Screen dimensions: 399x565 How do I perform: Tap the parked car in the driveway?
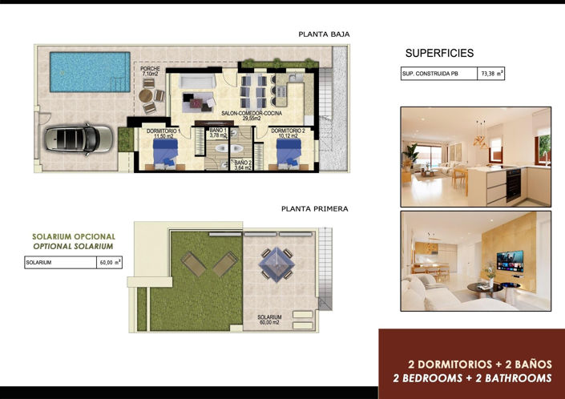pyautogui.click(x=74, y=138)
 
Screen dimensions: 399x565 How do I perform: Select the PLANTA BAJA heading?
pyautogui.click(x=324, y=34)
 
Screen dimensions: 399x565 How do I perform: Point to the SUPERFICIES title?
pyautogui.click(x=439, y=54)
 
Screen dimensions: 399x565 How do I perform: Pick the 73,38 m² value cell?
pyautogui.click(x=491, y=75)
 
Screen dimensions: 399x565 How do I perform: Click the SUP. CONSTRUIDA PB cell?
pyautogui.click(x=438, y=75)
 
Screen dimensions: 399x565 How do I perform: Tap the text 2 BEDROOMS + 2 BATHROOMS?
pyautogui.click(x=473, y=377)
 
